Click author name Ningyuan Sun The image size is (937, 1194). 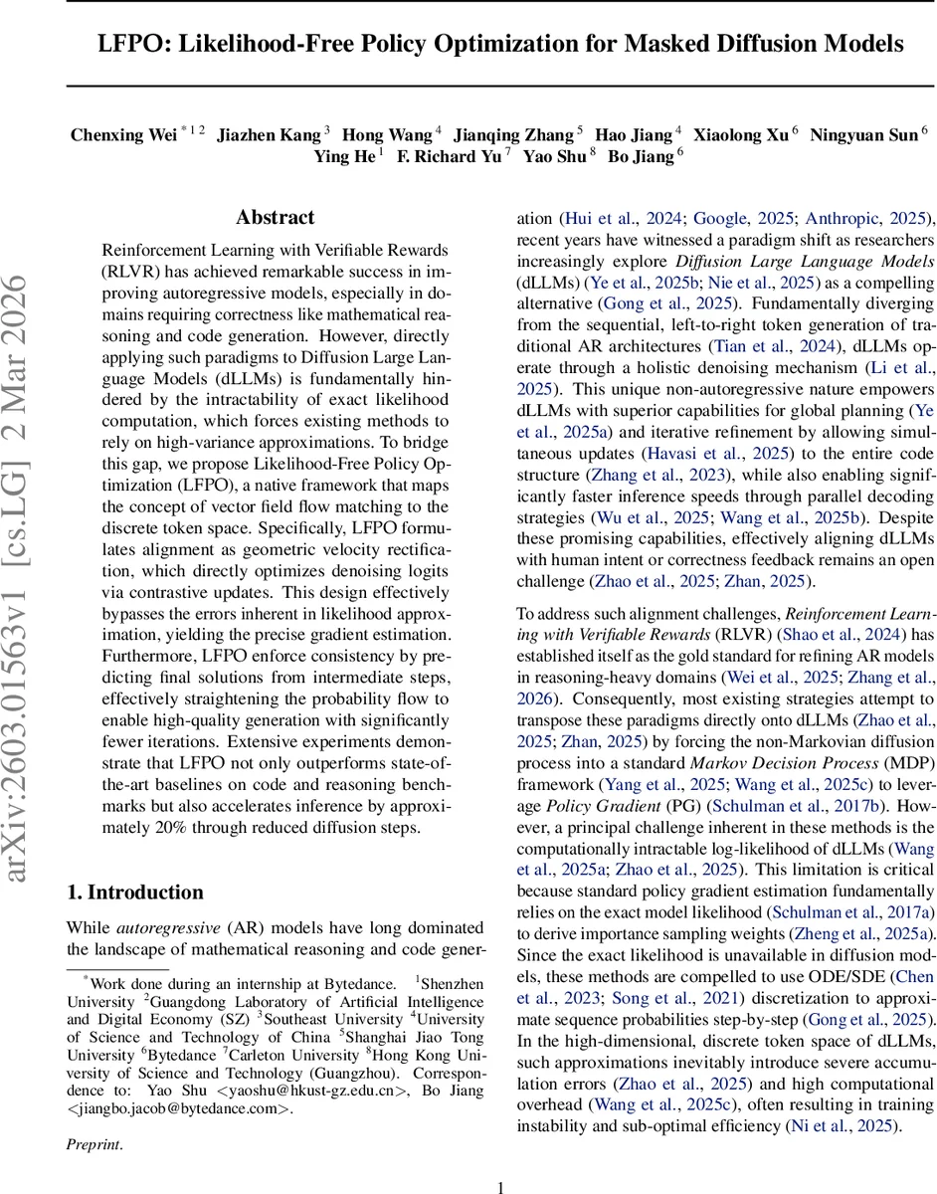(x=862, y=135)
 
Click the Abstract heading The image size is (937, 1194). (x=275, y=217)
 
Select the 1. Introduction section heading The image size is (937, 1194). (x=134, y=892)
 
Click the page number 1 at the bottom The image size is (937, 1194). (x=500, y=1159)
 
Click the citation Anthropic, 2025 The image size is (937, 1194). (x=864, y=218)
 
